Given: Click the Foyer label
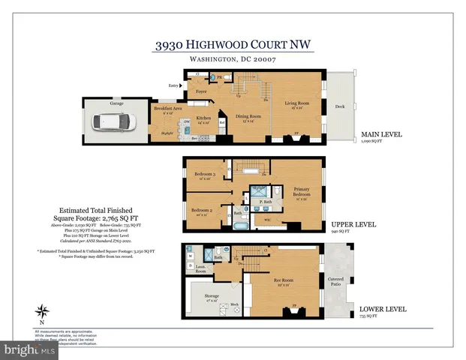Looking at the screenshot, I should (x=201, y=91).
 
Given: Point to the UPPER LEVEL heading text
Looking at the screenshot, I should (x=353, y=223).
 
